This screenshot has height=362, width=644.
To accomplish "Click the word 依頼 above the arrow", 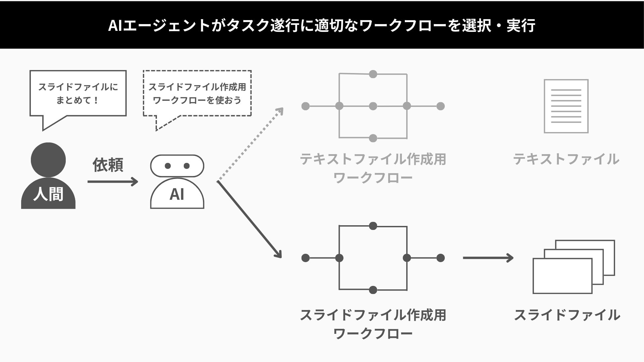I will click(108, 165).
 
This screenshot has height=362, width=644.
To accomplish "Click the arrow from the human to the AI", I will click(113, 182).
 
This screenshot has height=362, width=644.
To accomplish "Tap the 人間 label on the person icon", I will click(48, 194).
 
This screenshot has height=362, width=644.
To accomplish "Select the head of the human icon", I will click(48, 160).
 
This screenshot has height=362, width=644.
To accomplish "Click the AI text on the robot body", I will click(177, 194).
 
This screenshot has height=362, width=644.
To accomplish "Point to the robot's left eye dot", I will click(168, 166).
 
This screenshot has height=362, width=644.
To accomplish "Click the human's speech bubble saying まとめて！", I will click(78, 94).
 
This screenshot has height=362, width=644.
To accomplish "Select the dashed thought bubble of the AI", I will click(197, 94).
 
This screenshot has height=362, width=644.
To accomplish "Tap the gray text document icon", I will click(566, 106).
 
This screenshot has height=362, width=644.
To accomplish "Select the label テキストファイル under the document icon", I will click(566, 159).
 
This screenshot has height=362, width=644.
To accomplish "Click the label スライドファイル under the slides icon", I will click(567, 315).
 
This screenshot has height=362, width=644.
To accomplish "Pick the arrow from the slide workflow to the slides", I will click(488, 258).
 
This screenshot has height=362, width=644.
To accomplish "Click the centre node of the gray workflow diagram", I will click(373, 106).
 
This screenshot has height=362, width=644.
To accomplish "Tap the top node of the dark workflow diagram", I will click(373, 226).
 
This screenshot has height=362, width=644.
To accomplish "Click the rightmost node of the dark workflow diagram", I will click(441, 258).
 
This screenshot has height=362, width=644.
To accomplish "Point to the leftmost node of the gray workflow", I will click(306, 106).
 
